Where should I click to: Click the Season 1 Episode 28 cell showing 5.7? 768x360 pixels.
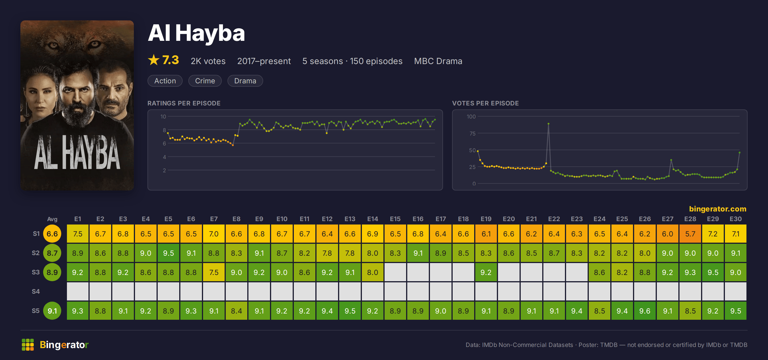pyautogui.click(x=690, y=234)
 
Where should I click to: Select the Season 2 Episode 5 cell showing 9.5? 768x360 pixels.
pyautogui.click(x=168, y=253)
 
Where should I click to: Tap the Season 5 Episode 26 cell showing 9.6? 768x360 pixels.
pyautogui.click(x=645, y=311)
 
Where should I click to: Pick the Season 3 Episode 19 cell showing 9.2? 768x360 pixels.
pyautogui.click(x=486, y=272)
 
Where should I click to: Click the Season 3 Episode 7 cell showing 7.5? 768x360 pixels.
pyautogui.click(x=214, y=272)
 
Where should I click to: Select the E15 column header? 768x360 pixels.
pyautogui.click(x=395, y=219)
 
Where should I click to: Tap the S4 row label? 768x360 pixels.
pyautogui.click(x=36, y=291)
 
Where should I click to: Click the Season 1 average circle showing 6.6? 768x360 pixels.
pyautogui.click(x=52, y=234)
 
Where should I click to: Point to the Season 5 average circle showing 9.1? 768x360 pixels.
pyautogui.click(x=52, y=311)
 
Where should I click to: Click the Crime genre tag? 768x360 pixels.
pyautogui.click(x=205, y=81)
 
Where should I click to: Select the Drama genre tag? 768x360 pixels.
pyautogui.click(x=245, y=81)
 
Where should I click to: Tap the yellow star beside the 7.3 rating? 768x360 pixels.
pyautogui.click(x=153, y=60)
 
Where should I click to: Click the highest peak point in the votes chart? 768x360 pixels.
pyautogui.click(x=548, y=124)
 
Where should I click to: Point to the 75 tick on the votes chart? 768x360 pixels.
pyautogui.click(x=472, y=134)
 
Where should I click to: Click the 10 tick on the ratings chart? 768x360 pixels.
pyautogui.click(x=163, y=117)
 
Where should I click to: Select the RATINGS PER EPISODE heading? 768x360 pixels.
pyautogui.click(x=184, y=103)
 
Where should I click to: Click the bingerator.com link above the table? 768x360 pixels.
pyautogui.click(x=718, y=209)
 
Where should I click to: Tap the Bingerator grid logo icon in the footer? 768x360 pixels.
pyautogui.click(x=28, y=345)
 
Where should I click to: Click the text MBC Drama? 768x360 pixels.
pyautogui.click(x=438, y=61)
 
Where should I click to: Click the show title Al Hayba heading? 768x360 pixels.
pyautogui.click(x=196, y=33)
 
